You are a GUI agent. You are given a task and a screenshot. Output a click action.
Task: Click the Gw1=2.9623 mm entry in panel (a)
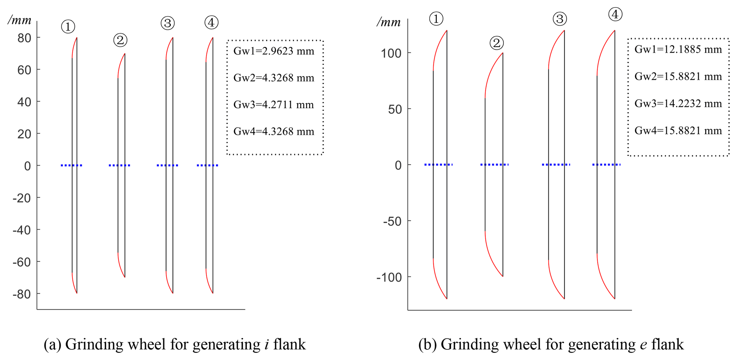tap(273, 51)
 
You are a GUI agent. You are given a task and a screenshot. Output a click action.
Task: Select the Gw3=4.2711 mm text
tap(273, 105)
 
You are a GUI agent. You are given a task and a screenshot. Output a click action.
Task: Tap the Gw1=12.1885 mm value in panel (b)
tap(678, 50)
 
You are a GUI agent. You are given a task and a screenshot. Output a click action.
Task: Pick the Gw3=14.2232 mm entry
tap(678, 103)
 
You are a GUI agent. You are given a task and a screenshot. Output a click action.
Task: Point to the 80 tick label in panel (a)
tap(24, 38)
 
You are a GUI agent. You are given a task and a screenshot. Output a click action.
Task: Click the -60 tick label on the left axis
tap(22, 262)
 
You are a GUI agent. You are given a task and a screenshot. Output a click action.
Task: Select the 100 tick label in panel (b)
tap(391, 54)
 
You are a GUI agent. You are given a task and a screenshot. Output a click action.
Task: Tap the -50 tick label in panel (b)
tap(392, 222)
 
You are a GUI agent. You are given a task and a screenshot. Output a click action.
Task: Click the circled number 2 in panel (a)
tap(120, 40)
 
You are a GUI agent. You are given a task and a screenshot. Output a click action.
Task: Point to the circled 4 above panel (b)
tap(615, 15)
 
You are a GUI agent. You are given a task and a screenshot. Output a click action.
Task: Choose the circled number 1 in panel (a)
tap(68, 27)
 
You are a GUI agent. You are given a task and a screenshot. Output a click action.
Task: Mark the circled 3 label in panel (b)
tap(559, 19)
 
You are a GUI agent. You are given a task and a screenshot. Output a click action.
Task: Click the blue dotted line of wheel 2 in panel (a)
tap(119, 165)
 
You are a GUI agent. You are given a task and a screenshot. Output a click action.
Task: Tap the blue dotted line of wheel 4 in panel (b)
tap(606, 164)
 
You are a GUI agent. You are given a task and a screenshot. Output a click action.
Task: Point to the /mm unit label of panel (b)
tap(388, 22)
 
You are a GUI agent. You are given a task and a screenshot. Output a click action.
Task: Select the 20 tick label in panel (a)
tap(24, 134)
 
